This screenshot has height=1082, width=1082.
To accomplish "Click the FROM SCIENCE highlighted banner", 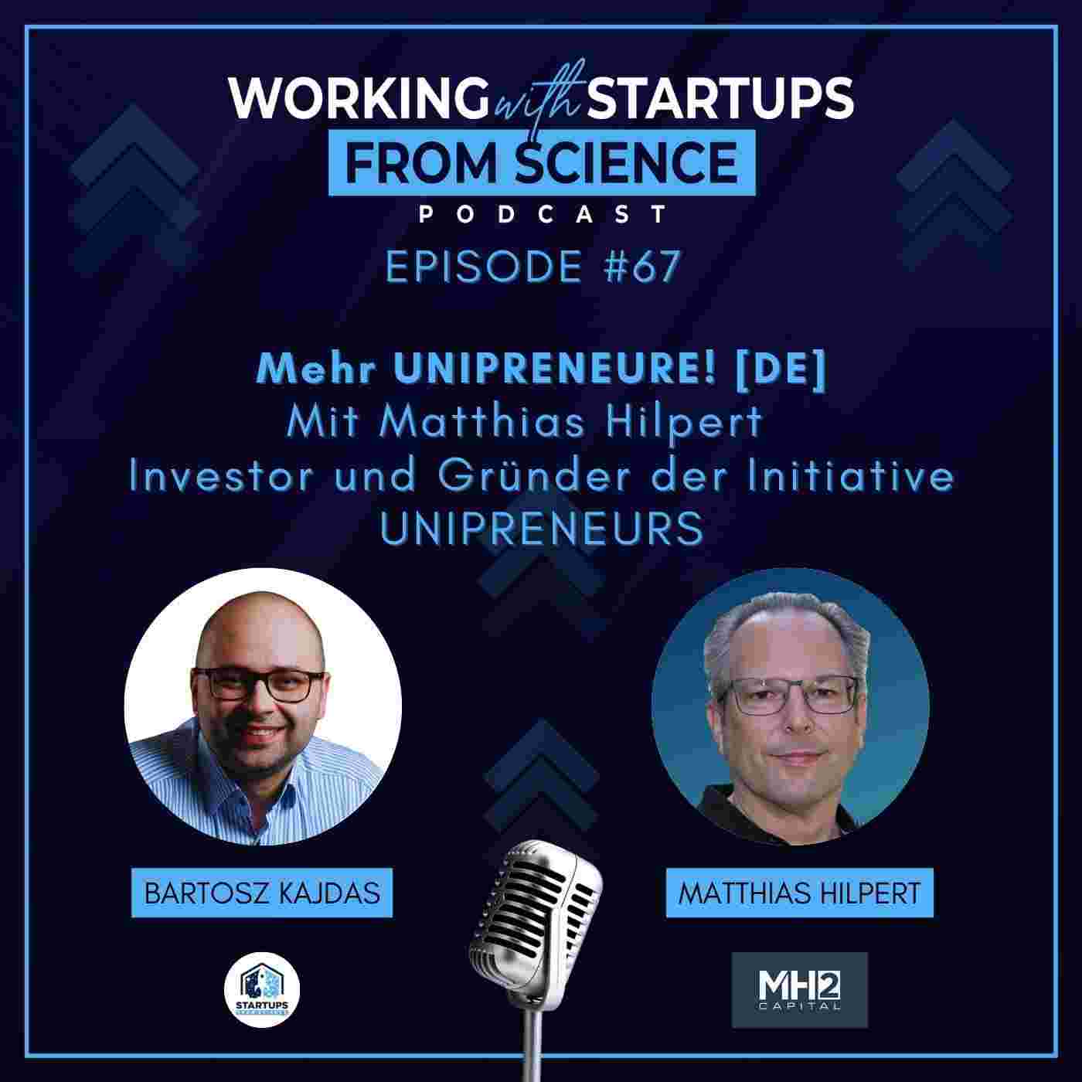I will click(541, 162).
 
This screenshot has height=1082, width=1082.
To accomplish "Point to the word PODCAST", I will click(541, 214).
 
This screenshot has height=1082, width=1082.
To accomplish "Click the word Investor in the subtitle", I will click(221, 477).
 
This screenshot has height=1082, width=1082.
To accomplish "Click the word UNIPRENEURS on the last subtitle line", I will click(541, 529).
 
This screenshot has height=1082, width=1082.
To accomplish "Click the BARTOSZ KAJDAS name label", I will click(262, 893).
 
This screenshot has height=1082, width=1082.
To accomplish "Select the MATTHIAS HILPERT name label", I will click(799, 893).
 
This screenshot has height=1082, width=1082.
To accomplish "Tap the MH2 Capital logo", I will click(799, 990).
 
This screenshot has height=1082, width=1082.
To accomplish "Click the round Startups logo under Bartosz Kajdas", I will click(262, 988).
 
